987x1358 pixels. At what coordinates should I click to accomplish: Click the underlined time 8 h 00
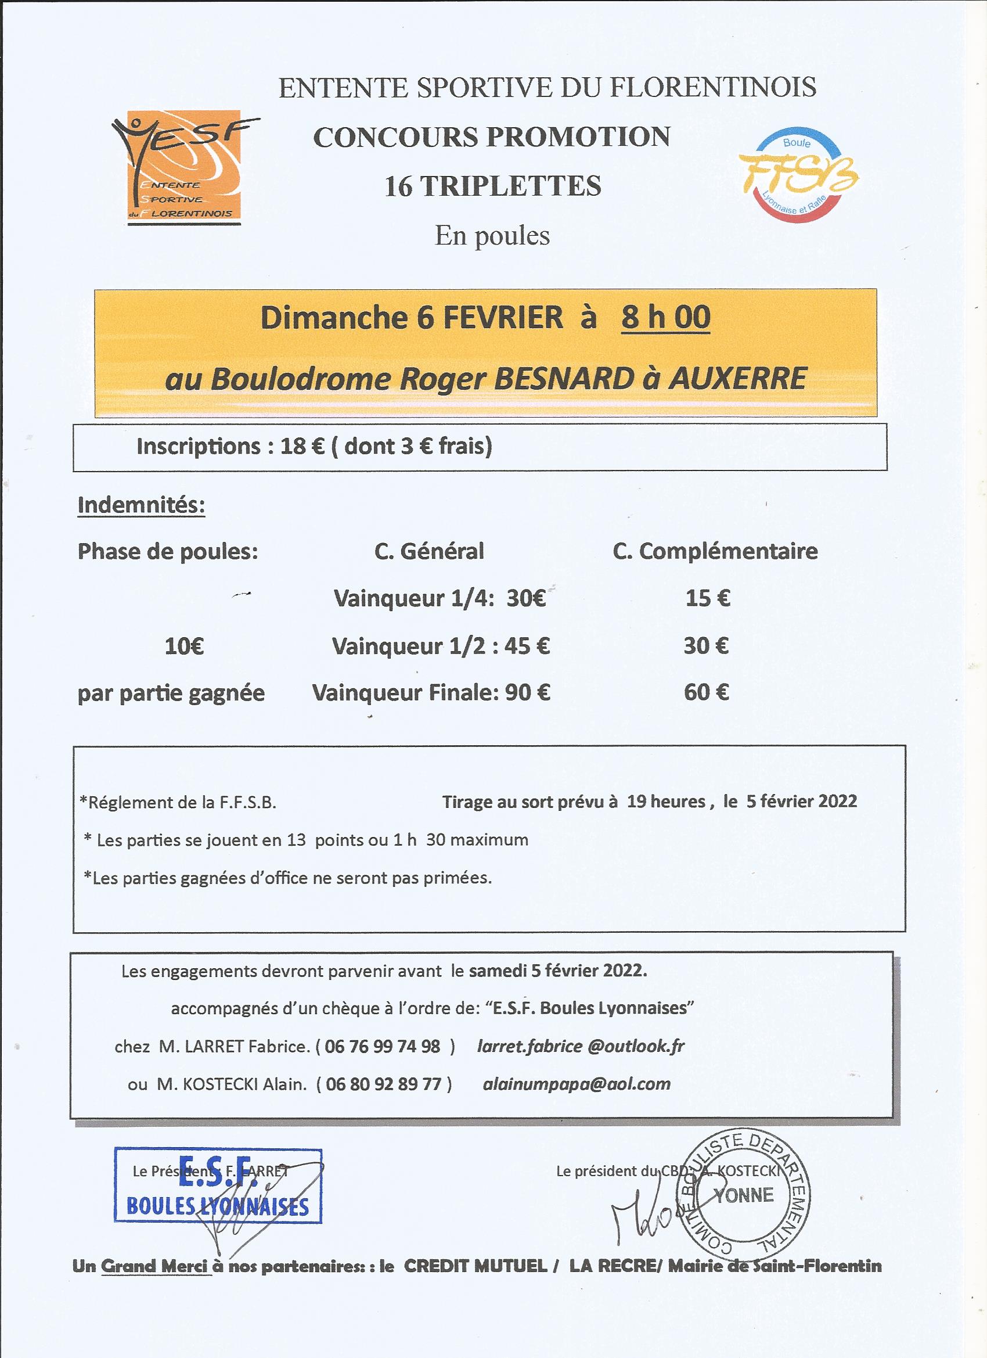[665, 317]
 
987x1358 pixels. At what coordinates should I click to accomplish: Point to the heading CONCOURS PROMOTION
[491, 137]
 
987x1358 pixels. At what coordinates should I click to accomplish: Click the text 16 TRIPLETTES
[492, 186]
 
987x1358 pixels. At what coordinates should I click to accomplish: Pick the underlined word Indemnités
[141, 505]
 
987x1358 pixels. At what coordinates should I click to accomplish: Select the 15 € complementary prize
[708, 598]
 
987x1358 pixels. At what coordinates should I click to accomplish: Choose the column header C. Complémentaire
[715, 551]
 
